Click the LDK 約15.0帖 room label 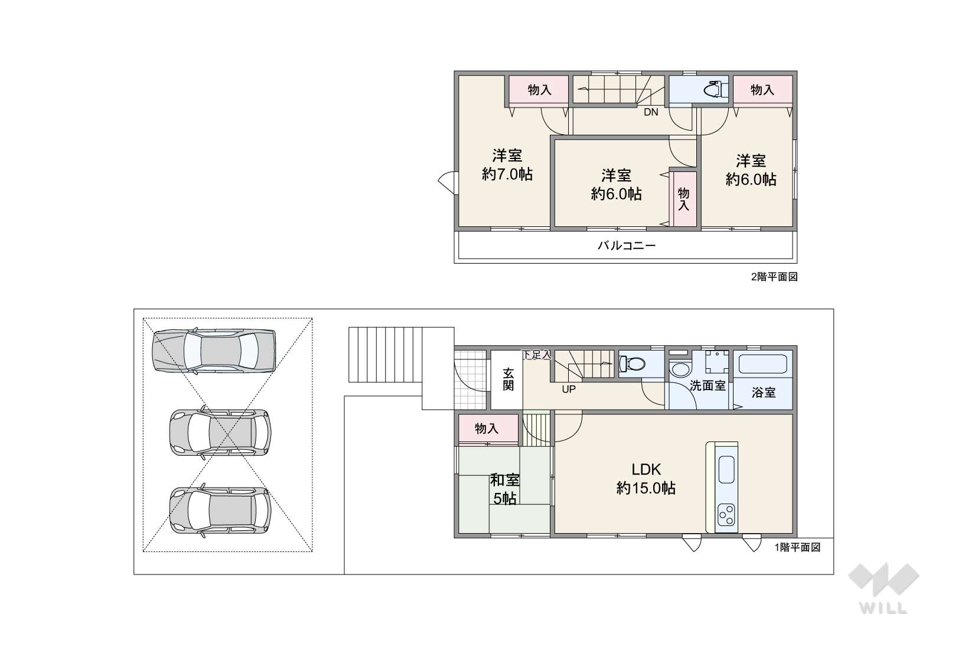[646, 479]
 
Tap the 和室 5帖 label [505, 489]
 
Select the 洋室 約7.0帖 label [507, 165]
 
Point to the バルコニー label [627, 246]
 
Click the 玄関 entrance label [508, 379]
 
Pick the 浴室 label [764, 392]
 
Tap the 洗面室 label [708, 386]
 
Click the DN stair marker [651, 112]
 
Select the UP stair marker [569, 389]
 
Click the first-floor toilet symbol [632, 363]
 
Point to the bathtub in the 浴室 [762, 364]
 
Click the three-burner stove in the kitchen [726, 515]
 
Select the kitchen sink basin [726, 470]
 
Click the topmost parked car [214, 350]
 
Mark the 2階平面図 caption [774, 277]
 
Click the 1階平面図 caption [797, 547]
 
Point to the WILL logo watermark [884, 589]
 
